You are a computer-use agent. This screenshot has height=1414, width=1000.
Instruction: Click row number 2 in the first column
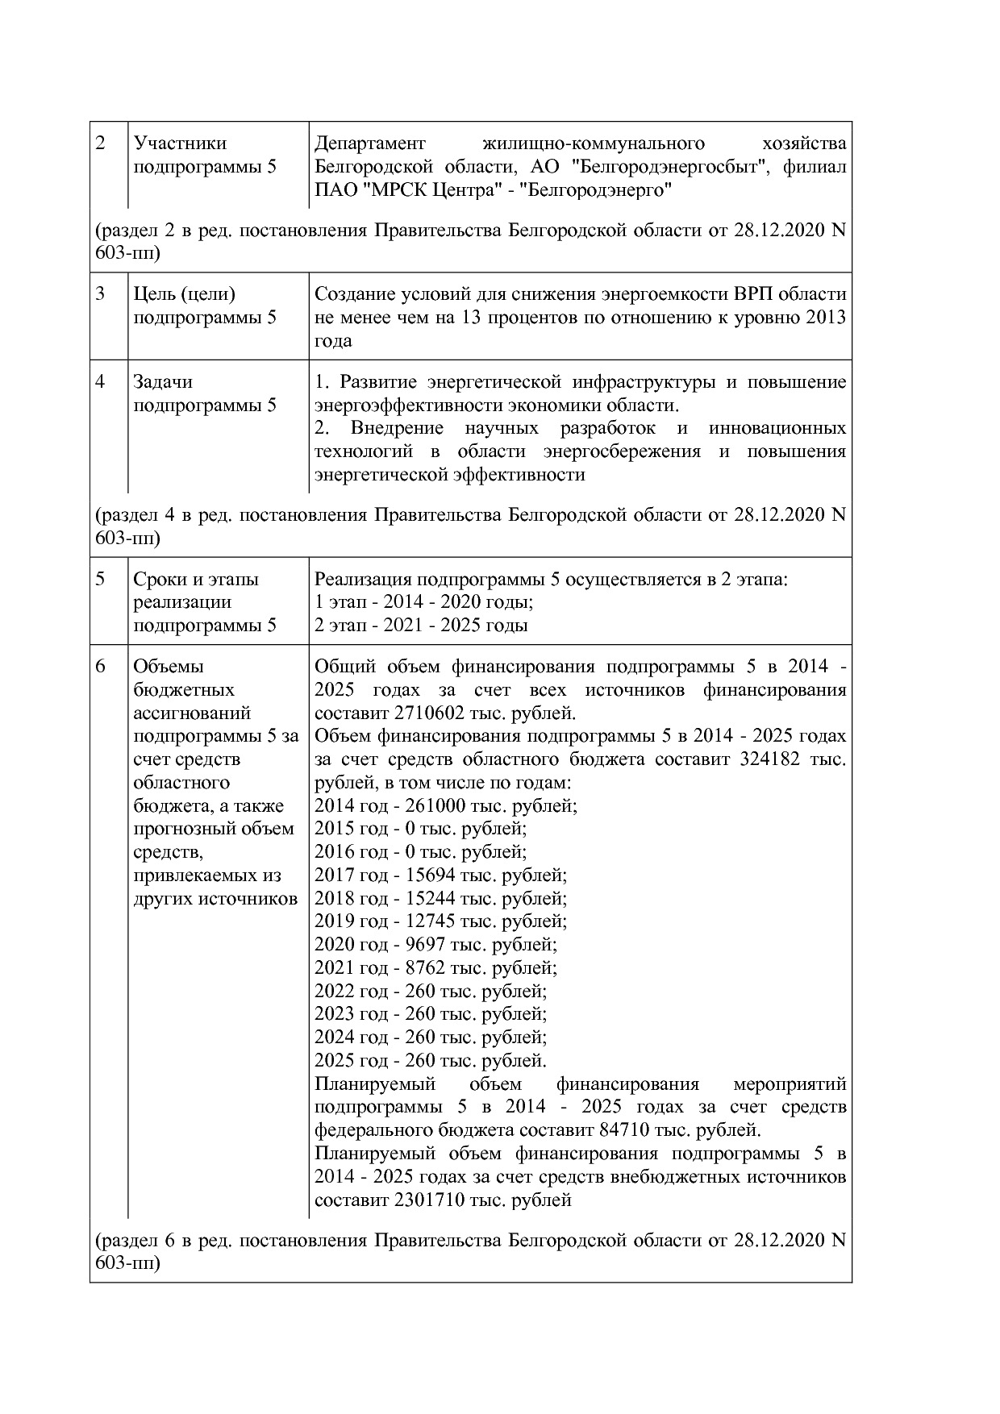click(x=101, y=143)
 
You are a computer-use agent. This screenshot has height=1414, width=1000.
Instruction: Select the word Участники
click(x=180, y=143)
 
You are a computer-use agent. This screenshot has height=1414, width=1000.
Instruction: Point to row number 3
click(x=101, y=294)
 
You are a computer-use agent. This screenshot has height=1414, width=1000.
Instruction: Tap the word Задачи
click(x=163, y=382)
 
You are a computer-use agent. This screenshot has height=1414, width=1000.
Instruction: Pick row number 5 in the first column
click(x=101, y=580)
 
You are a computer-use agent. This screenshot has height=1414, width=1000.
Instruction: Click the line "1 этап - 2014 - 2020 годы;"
click(x=424, y=602)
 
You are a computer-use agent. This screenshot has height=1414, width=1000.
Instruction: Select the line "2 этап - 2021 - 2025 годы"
click(x=421, y=626)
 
